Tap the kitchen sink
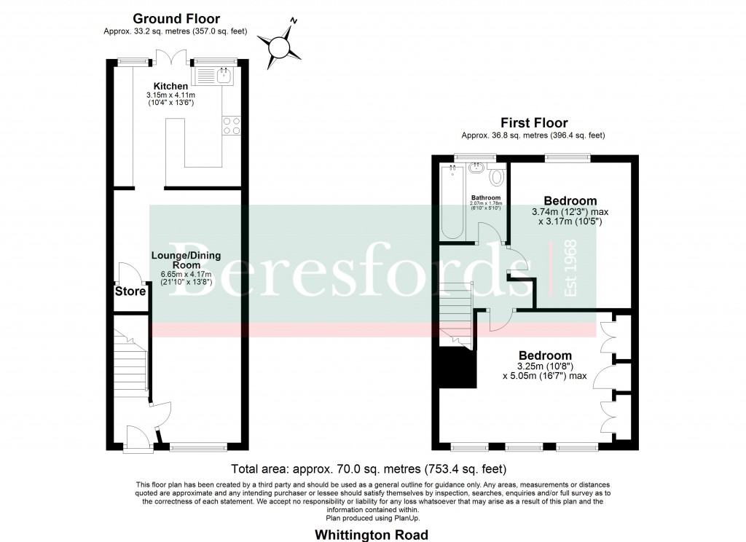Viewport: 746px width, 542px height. (213, 74)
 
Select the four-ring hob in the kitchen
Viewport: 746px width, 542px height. (232, 125)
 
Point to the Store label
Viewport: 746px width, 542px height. (130, 292)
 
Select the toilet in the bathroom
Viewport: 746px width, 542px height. (498, 176)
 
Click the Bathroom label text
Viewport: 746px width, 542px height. (485, 197)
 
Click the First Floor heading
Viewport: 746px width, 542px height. (533, 123)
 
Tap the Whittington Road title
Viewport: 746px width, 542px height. (372, 535)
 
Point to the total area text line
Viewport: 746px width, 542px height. (368, 468)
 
